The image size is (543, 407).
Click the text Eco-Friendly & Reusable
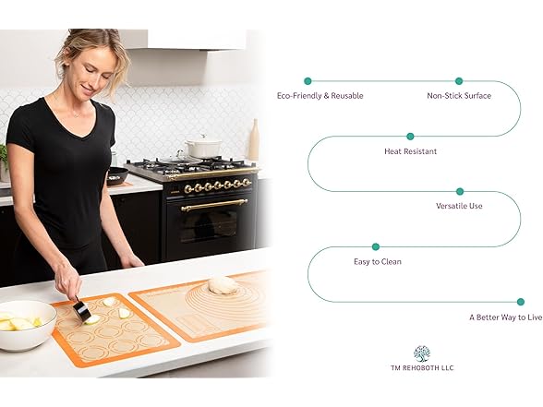point(320,95)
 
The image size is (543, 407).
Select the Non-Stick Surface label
point(458,95)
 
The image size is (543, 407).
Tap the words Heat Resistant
point(410,150)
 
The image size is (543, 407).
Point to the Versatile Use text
point(459,206)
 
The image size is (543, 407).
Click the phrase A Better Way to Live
point(505,317)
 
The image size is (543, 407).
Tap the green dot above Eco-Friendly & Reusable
point(308,81)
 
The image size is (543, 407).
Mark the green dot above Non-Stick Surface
point(459,81)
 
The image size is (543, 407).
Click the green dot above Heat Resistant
point(411,137)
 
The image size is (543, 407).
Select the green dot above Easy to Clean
point(376,246)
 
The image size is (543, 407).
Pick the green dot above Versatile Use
point(459,192)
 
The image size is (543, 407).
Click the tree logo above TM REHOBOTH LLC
point(421,353)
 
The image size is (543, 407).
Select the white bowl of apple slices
point(26,324)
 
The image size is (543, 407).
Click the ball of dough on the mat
point(223,285)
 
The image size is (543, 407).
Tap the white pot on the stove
point(204,146)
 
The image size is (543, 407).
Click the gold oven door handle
point(213,205)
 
